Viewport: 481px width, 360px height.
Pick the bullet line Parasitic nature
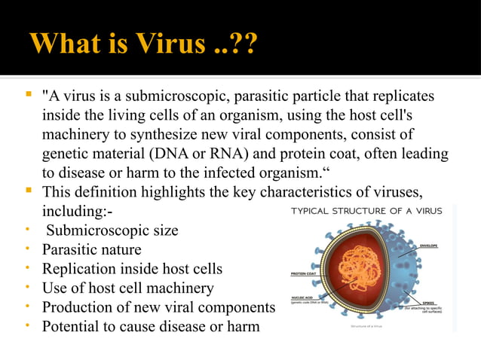91,249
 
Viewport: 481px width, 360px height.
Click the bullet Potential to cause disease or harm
151,326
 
